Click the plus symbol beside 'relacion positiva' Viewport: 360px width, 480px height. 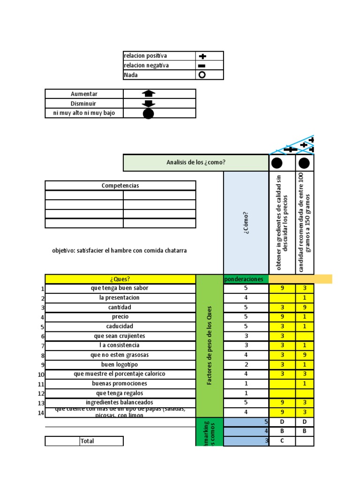coord(202,56)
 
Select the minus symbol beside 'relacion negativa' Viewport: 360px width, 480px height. coord(202,66)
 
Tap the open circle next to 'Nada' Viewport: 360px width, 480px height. coord(202,75)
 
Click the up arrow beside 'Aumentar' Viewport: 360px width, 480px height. coord(148,94)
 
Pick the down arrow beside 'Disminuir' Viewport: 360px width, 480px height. coord(148,104)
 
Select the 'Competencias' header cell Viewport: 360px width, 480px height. coord(120,186)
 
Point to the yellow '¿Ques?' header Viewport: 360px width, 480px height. coord(120,279)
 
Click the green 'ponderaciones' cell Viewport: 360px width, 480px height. coord(244,279)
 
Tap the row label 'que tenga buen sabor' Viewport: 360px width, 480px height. coord(120,288)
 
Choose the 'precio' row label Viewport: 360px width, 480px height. coord(120,317)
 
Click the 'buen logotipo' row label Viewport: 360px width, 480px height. coord(120,364)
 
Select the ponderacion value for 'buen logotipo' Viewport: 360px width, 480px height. coord(246,364)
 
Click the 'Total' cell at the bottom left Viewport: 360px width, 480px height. coord(87,441)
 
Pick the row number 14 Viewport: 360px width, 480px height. coord(41,413)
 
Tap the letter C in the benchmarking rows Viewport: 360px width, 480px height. coord(282,441)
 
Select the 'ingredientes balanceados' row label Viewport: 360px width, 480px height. coord(120,402)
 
